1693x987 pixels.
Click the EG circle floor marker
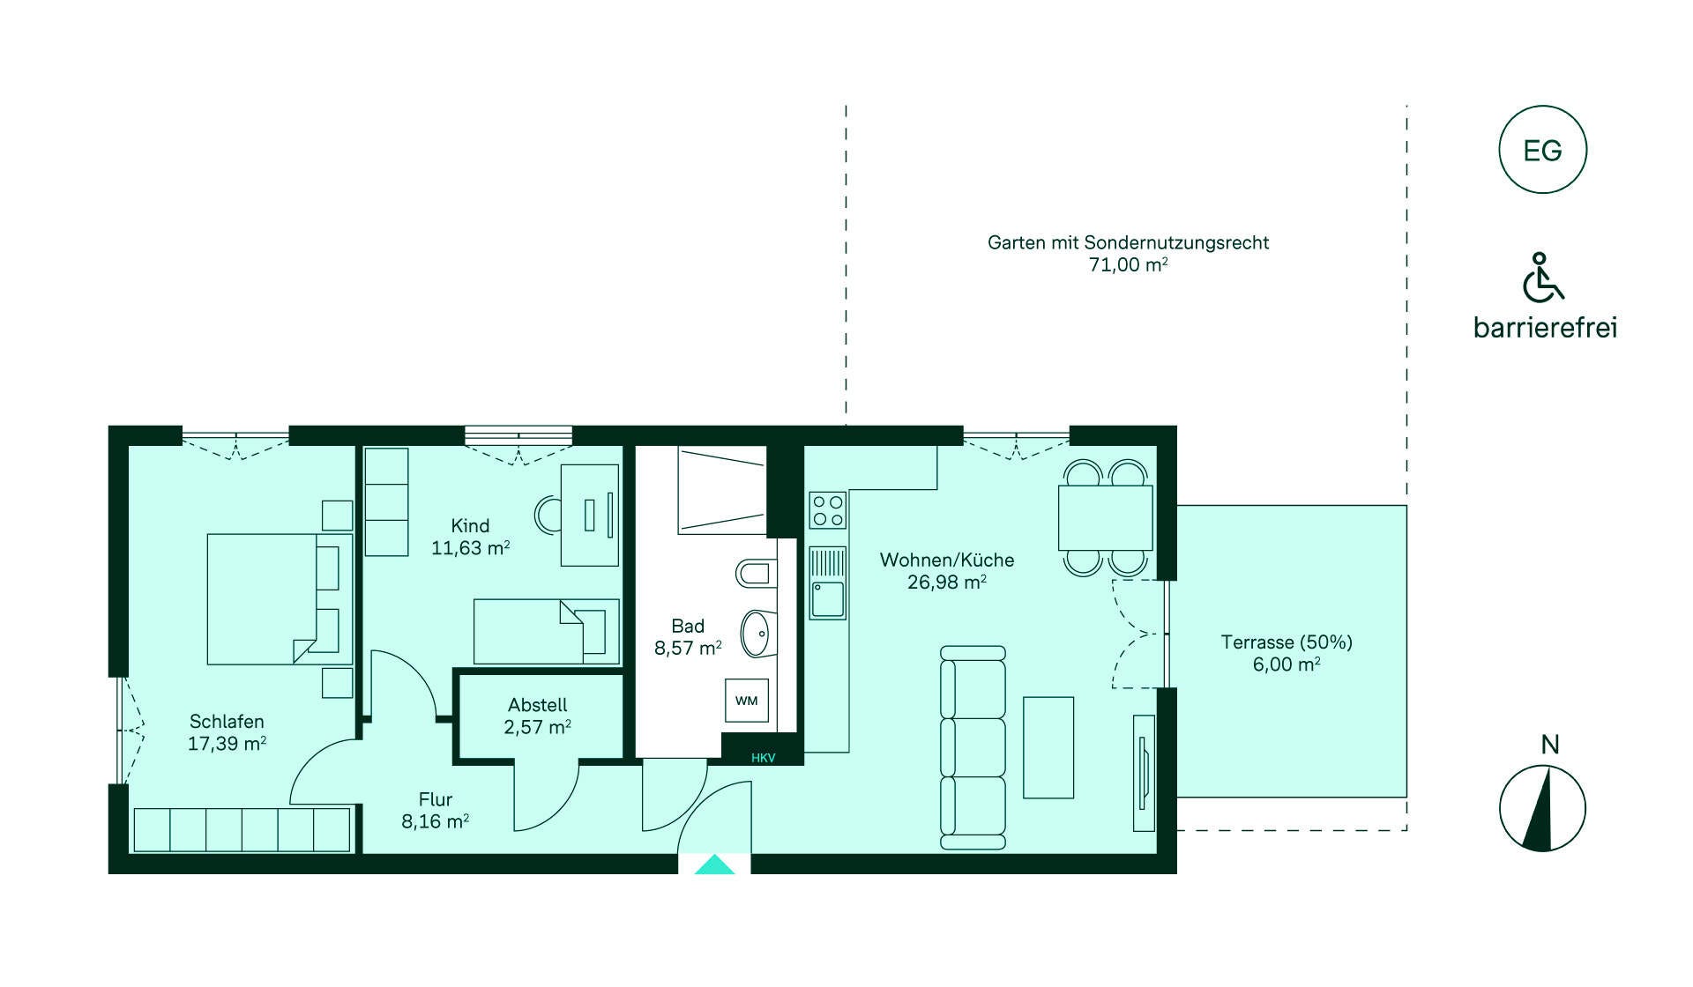click(1542, 150)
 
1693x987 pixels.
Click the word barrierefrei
click(1545, 328)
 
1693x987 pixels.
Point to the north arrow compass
click(1542, 807)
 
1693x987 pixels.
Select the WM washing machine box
click(746, 701)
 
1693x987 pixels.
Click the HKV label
click(763, 758)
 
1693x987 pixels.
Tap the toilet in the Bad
click(756, 574)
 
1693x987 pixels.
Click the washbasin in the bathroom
click(757, 633)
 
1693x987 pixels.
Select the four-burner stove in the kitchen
click(828, 510)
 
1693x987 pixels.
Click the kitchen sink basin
click(827, 599)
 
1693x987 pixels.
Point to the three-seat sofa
click(973, 747)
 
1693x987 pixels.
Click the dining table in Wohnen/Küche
click(1105, 517)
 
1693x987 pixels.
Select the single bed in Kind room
click(546, 631)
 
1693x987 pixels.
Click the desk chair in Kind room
click(548, 515)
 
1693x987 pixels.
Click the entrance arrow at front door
click(714, 865)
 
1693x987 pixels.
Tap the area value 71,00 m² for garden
click(1128, 264)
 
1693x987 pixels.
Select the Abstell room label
click(537, 705)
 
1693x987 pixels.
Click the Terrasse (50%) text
click(1287, 642)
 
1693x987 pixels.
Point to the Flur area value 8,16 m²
click(435, 821)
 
